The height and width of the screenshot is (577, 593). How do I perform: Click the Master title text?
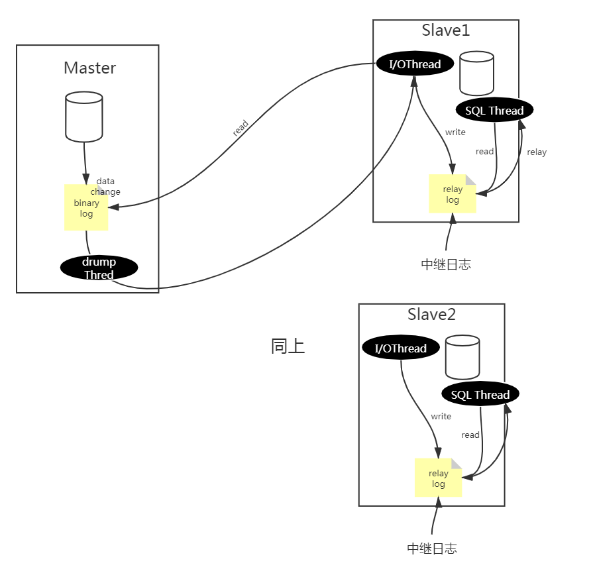[x=89, y=68]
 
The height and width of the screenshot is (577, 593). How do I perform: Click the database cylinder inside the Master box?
[x=84, y=117]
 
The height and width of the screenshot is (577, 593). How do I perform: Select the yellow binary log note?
[x=86, y=208]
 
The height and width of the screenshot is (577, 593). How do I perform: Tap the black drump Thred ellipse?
[x=99, y=268]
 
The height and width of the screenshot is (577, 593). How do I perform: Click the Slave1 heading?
[x=446, y=30]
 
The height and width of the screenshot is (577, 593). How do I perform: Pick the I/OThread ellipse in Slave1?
[x=415, y=64]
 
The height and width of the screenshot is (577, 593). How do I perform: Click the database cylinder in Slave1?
[x=476, y=74]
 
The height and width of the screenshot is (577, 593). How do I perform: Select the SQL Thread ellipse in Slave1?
[x=495, y=111]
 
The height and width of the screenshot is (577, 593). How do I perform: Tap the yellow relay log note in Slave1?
[x=453, y=194]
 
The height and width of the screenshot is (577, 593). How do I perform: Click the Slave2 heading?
[x=431, y=314]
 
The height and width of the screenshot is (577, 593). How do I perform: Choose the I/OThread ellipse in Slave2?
[x=401, y=348]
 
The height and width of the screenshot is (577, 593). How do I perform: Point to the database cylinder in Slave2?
[x=462, y=358]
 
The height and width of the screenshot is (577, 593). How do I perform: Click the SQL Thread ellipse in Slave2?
[x=480, y=395]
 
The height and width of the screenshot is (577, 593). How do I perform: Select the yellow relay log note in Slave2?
[x=438, y=478]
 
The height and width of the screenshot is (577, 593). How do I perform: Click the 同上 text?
[x=288, y=346]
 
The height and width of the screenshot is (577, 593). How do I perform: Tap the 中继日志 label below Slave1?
[x=446, y=264]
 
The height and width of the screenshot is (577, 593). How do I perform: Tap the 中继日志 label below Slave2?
[x=431, y=548]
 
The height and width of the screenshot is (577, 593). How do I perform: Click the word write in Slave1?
[x=455, y=132]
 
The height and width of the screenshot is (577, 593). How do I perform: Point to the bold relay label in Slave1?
[x=537, y=152]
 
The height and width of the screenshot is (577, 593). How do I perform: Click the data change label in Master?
[x=105, y=186]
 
